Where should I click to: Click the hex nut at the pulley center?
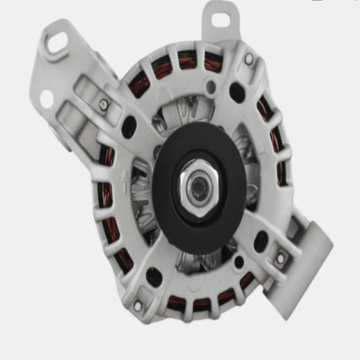(x=197, y=180)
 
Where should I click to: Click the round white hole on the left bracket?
(x=46, y=100)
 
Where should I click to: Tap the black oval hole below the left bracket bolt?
(x=129, y=126)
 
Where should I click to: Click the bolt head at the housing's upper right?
(x=248, y=59)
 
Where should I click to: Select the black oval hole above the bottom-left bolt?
(x=153, y=277)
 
